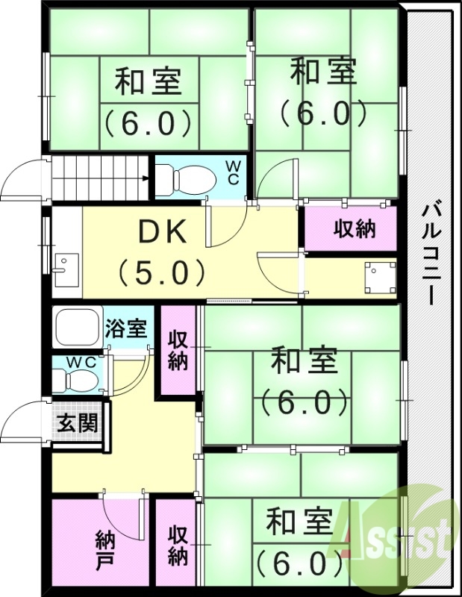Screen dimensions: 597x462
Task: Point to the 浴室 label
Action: pos(130,329)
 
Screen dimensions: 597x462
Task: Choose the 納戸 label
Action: pos(104,548)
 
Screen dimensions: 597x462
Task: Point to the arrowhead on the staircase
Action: pos(147,178)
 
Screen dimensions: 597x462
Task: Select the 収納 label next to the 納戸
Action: pos(177,545)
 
